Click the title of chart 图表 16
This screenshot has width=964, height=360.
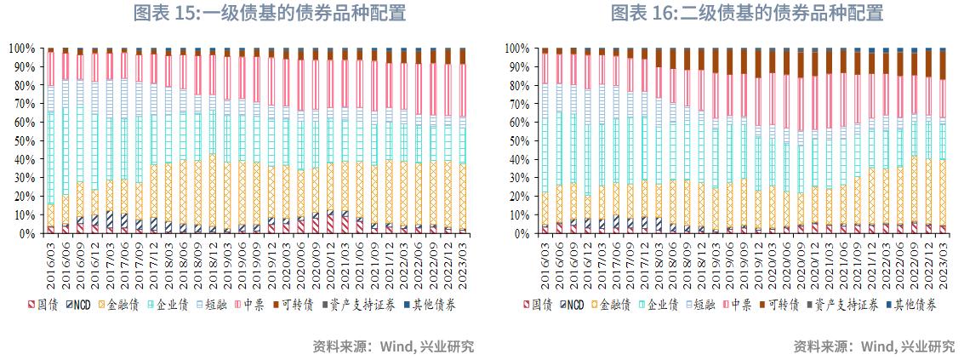(x=747, y=13)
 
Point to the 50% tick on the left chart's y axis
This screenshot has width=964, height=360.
(x=24, y=140)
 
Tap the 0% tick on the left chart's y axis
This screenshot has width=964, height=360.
(x=28, y=233)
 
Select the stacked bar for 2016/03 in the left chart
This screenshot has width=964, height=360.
(x=51, y=140)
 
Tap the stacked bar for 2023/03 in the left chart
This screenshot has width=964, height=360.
(x=463, y=140)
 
